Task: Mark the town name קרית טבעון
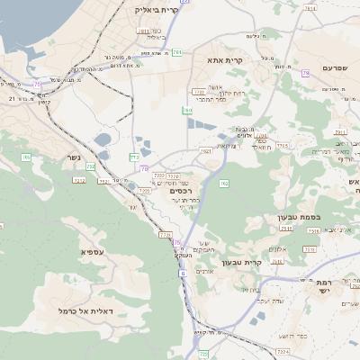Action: [x=265, y=263]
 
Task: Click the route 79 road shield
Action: [x=306, y=73]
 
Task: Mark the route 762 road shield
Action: [x=223, y=184]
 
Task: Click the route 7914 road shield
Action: [x=310, y=7]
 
